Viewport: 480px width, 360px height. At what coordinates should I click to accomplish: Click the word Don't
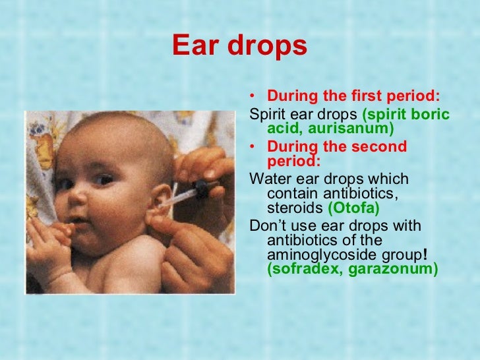(x=268, y=226)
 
